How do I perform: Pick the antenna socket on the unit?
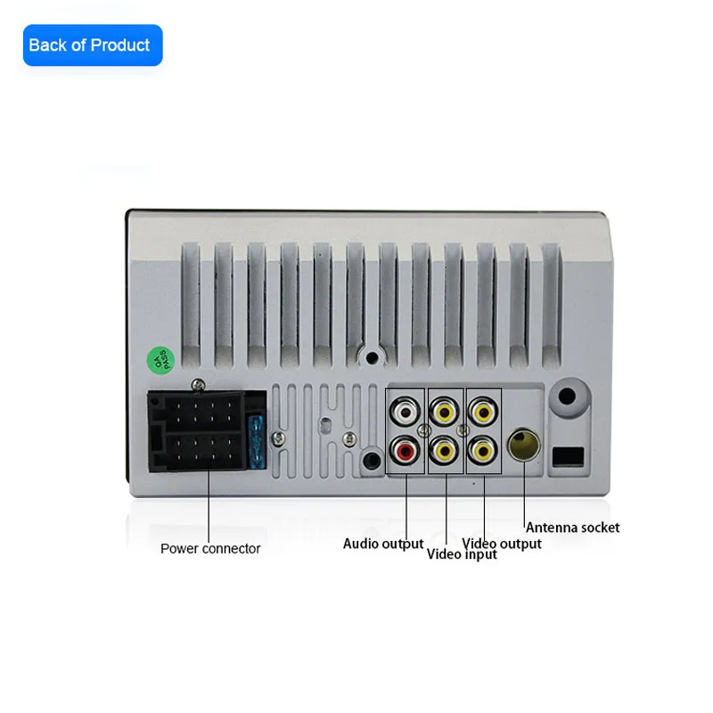[x=522, y=444]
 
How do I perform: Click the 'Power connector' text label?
[x=210, y=549]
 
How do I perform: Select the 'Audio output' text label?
[x=383, y=544]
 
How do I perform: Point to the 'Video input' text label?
[x=462, y=554]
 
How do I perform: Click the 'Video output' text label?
[x=502, y=544]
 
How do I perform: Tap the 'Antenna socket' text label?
[x=572, y=528]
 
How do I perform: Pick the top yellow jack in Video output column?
[x=483, y=413]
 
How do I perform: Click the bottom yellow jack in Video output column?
[x=483, y=451]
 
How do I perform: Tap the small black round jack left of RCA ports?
[x=372, y=461]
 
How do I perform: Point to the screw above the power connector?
[x=197, y=384]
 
